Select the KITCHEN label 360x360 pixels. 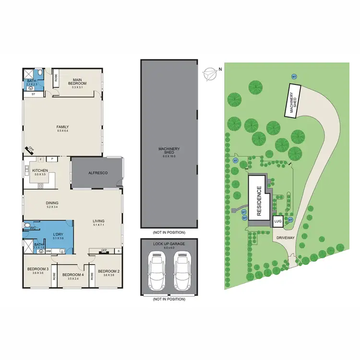[39, 170]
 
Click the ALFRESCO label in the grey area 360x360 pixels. [97, 172]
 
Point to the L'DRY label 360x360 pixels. [58, 233]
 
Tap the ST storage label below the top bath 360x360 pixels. [33, 95]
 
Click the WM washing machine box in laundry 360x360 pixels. [48, 251]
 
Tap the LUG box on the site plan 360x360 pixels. [278, 222]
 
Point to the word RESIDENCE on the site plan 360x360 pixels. [259, 201]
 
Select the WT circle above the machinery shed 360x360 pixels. [293, 76]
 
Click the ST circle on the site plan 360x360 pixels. [235, 160]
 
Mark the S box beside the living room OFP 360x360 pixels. [118, 251]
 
